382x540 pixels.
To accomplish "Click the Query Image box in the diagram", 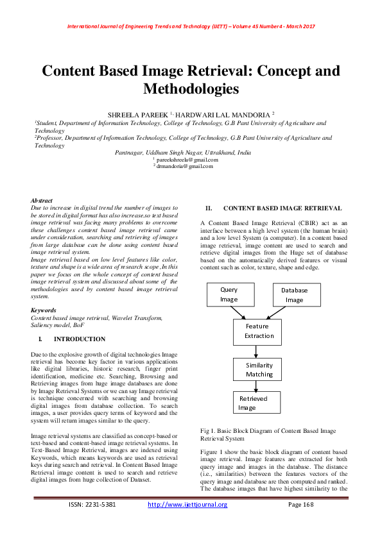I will [x=229, y=294].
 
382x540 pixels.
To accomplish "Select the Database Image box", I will [x=295, y=295].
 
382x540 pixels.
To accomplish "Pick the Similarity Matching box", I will [x=259, y=370].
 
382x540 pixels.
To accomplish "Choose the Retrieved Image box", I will [x=256, y=403].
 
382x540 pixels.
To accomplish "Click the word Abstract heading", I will [x=42, y=201].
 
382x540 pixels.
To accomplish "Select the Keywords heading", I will [x=44, y=310].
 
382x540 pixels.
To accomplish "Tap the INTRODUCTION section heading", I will [x=80, y=339].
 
